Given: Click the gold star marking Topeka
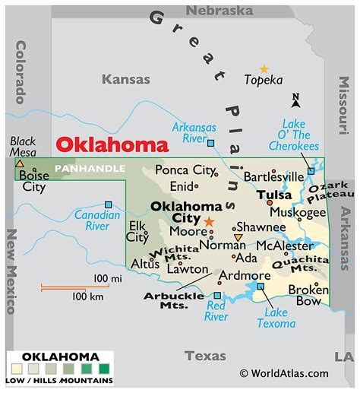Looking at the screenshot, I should coord(264,68).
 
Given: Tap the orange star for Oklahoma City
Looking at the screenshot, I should coord(209,221).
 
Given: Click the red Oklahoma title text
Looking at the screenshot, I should coord(112,145).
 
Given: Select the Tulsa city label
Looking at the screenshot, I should coord(274,195).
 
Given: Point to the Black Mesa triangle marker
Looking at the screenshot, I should coord(19,162).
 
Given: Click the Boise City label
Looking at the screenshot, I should coord(33,180).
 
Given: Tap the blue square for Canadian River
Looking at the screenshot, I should coord(109,204).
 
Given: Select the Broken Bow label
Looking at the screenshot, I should coord(308,295).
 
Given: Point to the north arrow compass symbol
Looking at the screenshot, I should coord(296,100).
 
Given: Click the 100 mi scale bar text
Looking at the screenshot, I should coord(107,279).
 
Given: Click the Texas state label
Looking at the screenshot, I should coord(205,355).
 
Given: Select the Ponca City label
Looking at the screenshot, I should coord(185,170).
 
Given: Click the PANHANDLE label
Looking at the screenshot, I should coord(90,167).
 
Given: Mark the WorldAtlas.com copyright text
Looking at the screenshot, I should coord(284,373).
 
